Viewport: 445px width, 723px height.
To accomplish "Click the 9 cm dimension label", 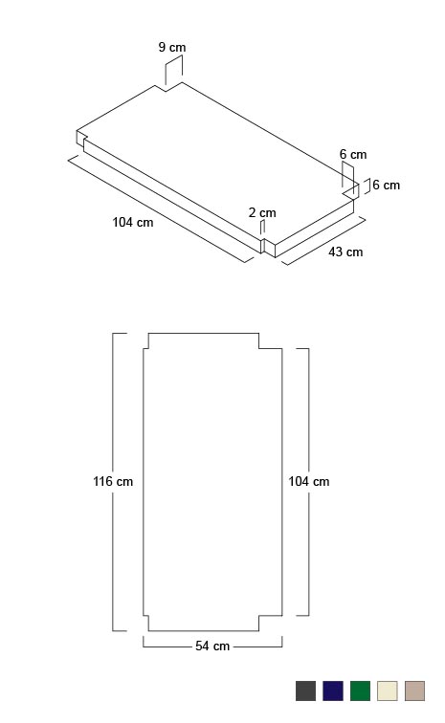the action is click(172, 47).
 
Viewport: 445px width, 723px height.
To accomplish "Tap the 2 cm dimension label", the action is click(262, 212).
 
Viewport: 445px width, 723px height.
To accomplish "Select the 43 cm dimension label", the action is click(345, 252).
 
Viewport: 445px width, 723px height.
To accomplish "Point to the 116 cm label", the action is click(113, 481).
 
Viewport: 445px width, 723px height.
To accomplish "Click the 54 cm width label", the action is click(212, 646).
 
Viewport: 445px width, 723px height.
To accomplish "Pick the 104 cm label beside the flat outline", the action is click(309, 481).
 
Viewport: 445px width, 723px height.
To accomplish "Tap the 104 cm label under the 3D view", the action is click(132, 222).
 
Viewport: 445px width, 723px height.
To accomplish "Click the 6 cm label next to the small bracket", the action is click(387, 185).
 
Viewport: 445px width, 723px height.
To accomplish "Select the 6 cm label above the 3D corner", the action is click(353, 155).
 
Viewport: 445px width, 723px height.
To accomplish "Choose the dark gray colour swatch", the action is click(305, 690).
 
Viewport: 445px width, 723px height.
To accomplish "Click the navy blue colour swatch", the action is click(333, 690).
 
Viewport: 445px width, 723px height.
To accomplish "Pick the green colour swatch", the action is click(360, 690).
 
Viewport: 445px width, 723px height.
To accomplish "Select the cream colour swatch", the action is click(388, 690).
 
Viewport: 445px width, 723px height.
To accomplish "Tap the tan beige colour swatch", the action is click(414, 690).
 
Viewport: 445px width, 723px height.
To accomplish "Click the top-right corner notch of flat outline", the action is click(259, 348).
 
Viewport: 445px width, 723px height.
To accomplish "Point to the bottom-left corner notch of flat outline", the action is click(148, 615).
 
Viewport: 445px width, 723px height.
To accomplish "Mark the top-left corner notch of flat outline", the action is click(148, 348).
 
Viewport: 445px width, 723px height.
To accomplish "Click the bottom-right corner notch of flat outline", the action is click(259, 615).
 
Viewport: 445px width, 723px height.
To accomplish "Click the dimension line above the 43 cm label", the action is click(323, 242).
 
